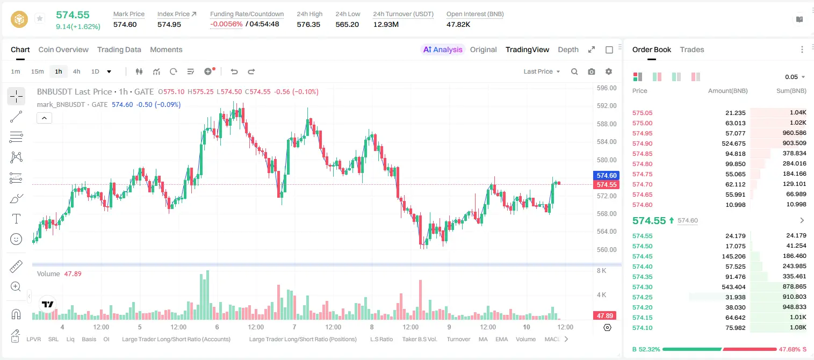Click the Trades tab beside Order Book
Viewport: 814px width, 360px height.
692,49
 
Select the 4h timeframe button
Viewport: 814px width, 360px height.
76,71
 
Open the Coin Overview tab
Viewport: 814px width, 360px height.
63,49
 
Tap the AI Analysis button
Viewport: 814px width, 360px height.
443,49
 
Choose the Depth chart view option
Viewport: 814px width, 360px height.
568,49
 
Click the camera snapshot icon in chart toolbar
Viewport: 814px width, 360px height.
592,71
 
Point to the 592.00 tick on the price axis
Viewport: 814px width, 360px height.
607,106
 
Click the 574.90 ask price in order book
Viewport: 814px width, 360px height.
642,143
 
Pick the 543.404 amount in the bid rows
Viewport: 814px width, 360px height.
733,287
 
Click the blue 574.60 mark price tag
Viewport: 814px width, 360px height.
607,176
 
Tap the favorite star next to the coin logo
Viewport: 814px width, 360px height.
40,18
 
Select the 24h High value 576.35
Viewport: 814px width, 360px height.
308,24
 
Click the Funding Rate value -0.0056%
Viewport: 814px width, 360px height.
226,24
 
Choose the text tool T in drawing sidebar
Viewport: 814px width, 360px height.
16,219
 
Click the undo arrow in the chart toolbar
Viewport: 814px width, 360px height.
234,71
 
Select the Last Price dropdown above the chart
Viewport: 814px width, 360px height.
542,71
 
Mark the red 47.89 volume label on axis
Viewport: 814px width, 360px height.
604,316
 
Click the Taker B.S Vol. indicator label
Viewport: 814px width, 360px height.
419,339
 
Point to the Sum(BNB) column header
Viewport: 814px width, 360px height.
791,91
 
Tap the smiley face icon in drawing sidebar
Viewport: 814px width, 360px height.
16,239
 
